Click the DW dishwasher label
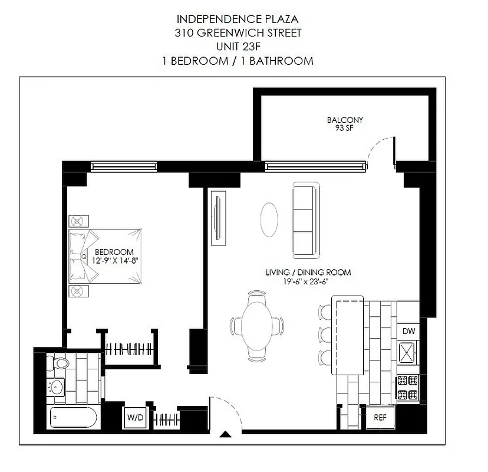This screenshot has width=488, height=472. point(408,331)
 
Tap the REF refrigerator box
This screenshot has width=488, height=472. point(380,417)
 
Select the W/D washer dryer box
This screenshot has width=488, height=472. point(135,418)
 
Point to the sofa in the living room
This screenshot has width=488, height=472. point(305,219)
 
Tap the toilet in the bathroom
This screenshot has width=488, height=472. point(60,361)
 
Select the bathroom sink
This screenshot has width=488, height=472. point(57,387)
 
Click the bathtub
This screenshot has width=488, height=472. point(73,418)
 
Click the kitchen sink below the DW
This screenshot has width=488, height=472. point(408,353)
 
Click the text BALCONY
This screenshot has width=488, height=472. point(345,120)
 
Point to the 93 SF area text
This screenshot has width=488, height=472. point(345,128)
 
